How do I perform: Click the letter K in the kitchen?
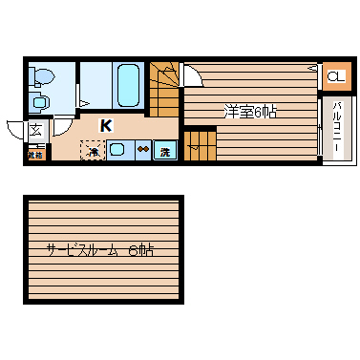[x=106, y=124]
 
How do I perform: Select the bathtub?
[x=128, y=86]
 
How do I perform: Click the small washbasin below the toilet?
[x=39, y=100]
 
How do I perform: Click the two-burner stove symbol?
[x=142, y=149]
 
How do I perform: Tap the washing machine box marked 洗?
[x=165, y=150]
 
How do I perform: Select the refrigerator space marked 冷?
[x=94, y=150]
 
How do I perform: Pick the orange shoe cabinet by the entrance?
[x=36, y=153]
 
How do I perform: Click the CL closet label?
[x=335, y=76]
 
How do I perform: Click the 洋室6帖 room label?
[x=250, y=111]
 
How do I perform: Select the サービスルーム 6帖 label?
[x=102, y=250]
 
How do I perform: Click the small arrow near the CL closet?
[x=313, y=68]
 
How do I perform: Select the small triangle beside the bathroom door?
[x=85, y=102]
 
